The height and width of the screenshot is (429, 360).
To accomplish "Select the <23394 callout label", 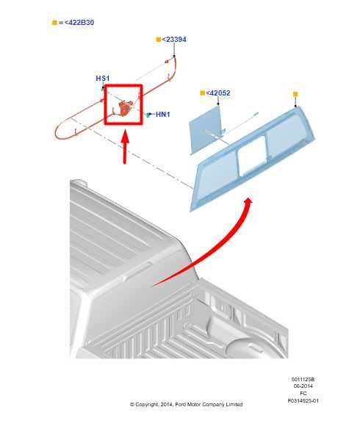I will (174, 39).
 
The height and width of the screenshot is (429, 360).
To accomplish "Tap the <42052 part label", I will (218, 93).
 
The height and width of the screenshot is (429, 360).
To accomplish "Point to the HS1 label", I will (103, 79).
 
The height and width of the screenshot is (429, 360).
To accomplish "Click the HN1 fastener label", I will (162, 115).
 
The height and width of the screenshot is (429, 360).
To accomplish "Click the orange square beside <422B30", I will (54, 23).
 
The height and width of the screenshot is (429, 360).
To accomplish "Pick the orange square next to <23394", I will (158, 39).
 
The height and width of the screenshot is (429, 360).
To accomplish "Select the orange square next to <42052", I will (202, 93).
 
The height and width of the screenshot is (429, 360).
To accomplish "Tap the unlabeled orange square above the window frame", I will (295, 94).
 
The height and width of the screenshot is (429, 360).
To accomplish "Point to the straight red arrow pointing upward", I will (125, 146).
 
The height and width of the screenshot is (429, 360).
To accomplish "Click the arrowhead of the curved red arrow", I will (248, 202).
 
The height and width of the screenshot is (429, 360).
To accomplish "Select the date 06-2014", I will (303, 386).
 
